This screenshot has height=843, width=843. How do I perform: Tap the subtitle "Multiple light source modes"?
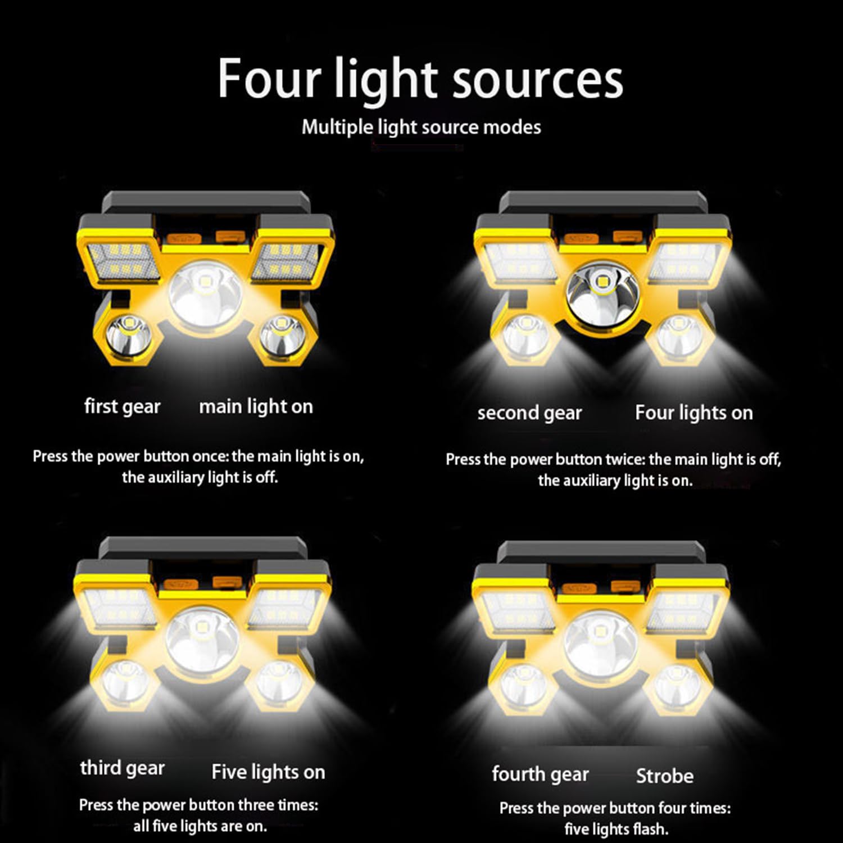point(421,127)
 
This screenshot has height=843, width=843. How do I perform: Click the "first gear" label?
point(122,406)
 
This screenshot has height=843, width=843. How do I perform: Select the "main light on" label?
point(256,406)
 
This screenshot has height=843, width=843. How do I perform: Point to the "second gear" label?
point(529,413)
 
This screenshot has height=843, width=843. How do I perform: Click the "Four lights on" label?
point(694,413)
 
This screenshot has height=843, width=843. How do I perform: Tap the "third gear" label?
point(122,768)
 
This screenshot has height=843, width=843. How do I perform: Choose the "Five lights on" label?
point(268,772)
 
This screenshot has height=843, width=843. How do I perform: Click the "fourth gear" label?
point(540,774)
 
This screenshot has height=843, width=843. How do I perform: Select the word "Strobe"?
point(664,776)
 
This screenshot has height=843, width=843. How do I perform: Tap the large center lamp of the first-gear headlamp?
point(206,293)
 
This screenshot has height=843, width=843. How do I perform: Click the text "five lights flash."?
point(616,829)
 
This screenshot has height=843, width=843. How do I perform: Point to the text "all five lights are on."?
point(200,826)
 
